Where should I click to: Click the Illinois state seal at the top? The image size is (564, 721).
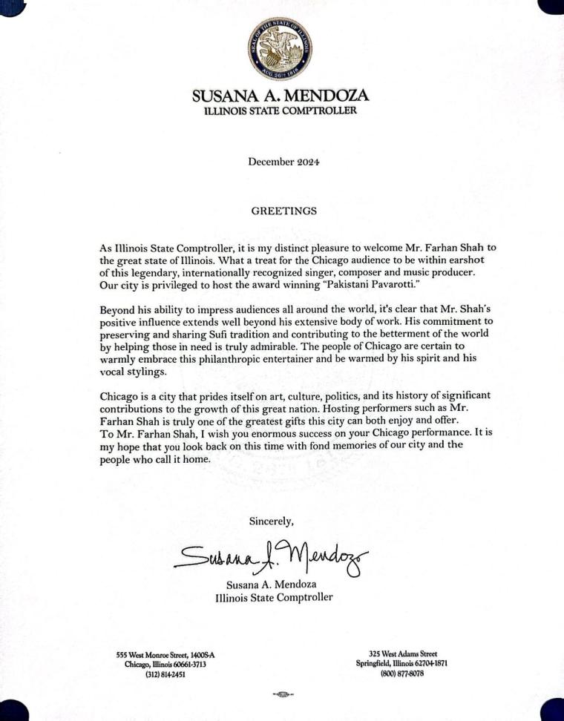pyautogui.click(x=281, y=50)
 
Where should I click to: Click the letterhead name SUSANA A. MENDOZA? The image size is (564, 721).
pyautogui.click(x=281, y=96)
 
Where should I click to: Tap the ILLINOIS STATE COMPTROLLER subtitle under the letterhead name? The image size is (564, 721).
pyautogui.click(x=281, y=111)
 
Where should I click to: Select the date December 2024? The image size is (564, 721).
pyautogui.click(x=283, y=161)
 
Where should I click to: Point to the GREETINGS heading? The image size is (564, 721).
pyautogui.click(x=283, y=211)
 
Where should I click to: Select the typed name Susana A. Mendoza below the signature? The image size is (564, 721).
pyautogui.click(x=274, y=584)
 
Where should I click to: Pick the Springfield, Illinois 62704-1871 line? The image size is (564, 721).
pyautogui.click(x=401, y=663)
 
